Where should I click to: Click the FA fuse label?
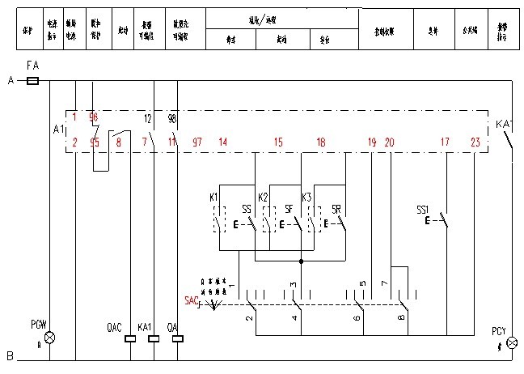point(33,64)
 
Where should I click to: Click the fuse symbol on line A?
point(33,81)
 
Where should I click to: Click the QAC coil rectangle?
point(129,338)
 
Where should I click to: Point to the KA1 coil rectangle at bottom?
point(153,338)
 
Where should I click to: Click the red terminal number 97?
point(197,142)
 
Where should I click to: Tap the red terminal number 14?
point(222,142)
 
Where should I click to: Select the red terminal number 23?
point(475,142)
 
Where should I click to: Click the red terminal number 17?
point(445,142)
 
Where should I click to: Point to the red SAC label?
point(192,300)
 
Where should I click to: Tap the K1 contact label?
point(213,198)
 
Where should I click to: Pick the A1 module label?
point(57,130)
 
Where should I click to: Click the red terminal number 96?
point(94,118)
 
